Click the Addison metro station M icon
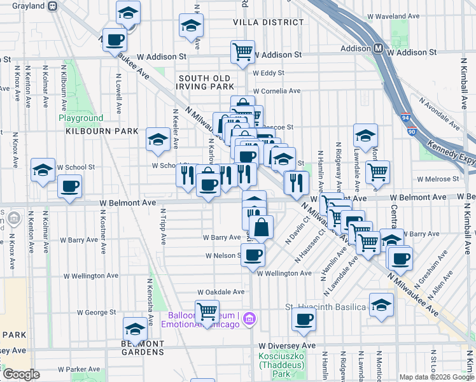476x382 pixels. click(x=378, y=48)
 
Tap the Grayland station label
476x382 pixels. click(x=29, y=6)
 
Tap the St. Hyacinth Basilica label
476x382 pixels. click(x=326, y=307)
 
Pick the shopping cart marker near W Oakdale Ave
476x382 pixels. click(x=207, y=311)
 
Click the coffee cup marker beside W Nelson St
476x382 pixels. click(x=253, y=255)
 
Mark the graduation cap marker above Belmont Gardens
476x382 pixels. click(x=135, y=329)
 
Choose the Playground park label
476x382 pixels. click(x=81, y=118)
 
